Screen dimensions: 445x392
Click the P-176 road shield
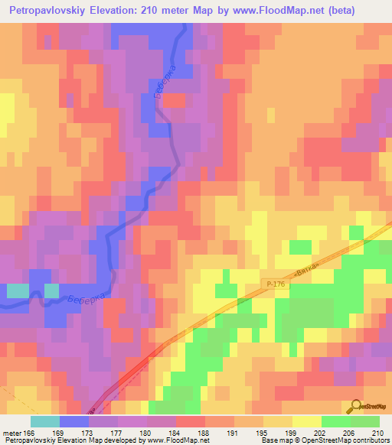click(x=278, y=283)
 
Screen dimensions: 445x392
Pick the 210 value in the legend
click(x=377, y=433)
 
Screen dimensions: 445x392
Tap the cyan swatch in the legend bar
click(x=45, y=421)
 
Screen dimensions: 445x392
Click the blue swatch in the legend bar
click(x=73, y=421)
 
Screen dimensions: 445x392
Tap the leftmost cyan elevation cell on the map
click(x=17, y=291)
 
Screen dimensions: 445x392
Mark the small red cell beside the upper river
click(x=175, y=100)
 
